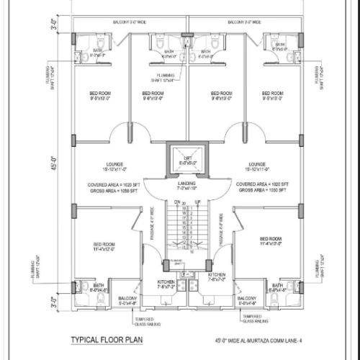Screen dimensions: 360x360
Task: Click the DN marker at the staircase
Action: (176, 203)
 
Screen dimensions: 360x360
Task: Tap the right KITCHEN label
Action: (217, 277)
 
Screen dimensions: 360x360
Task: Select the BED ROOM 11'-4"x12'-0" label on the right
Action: (271, 240)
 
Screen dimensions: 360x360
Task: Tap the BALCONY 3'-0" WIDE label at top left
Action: (130, 22)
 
